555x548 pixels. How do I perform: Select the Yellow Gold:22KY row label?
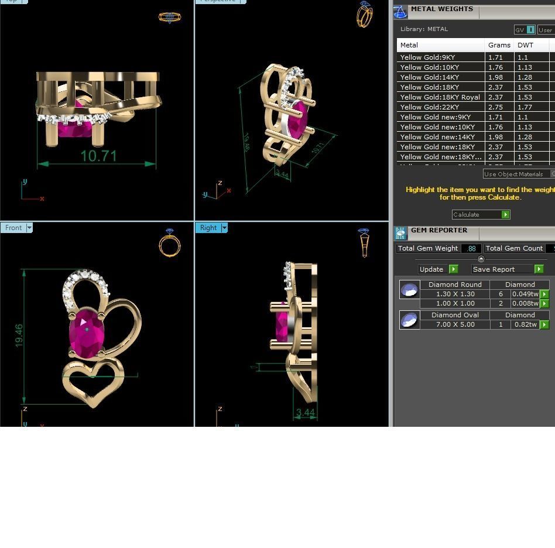[429, 107]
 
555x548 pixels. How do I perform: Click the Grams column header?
[499, 45]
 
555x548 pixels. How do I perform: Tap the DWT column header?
[525, 45]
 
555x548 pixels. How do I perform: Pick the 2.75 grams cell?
[495, 107]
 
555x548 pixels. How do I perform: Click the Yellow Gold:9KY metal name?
[427, 57]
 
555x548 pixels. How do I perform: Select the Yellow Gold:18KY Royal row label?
[440, 97]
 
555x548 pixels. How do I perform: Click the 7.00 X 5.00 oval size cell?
[455, 324]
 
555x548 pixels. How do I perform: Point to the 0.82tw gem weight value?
[526, 324]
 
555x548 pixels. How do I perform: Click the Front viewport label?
[13, 228]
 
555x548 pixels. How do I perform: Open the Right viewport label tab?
[208, 228]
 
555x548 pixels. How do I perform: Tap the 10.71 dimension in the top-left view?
[98, 156]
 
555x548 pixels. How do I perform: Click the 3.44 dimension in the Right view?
[306, 413]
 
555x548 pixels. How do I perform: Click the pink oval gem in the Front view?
[87, 331]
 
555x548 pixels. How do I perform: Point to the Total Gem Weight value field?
[471, 248]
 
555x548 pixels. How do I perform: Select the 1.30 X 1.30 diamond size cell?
[455, 294]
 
